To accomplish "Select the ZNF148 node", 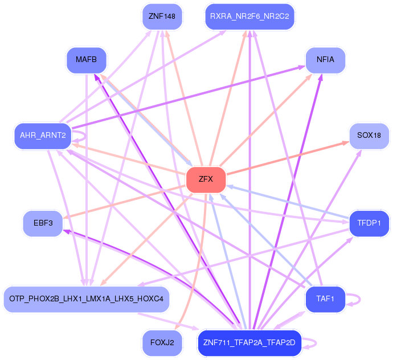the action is [x=162, y=17].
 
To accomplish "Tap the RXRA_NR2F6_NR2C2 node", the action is [x=249, y=17].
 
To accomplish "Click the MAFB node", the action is [x=87, y=60].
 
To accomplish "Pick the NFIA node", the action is [x=325, y=60].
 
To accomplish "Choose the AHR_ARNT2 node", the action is [x=43, y=136].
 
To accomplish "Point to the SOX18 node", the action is [x=369, y=136].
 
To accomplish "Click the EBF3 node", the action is [x=43, y=223].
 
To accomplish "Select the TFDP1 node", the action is [x=369, y=223].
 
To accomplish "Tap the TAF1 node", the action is [x=325, y=299].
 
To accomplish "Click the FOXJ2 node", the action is [x=162, y=343].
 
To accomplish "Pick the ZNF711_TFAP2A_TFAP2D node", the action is [x=249, y=343].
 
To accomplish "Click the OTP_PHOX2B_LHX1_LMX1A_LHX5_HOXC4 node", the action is [x=87, y=299].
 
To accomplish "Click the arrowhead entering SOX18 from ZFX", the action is [x=346, y=143].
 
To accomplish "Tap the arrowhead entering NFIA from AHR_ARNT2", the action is [x=302, y=67].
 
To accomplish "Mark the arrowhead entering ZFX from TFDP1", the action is [x=230, y=186].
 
